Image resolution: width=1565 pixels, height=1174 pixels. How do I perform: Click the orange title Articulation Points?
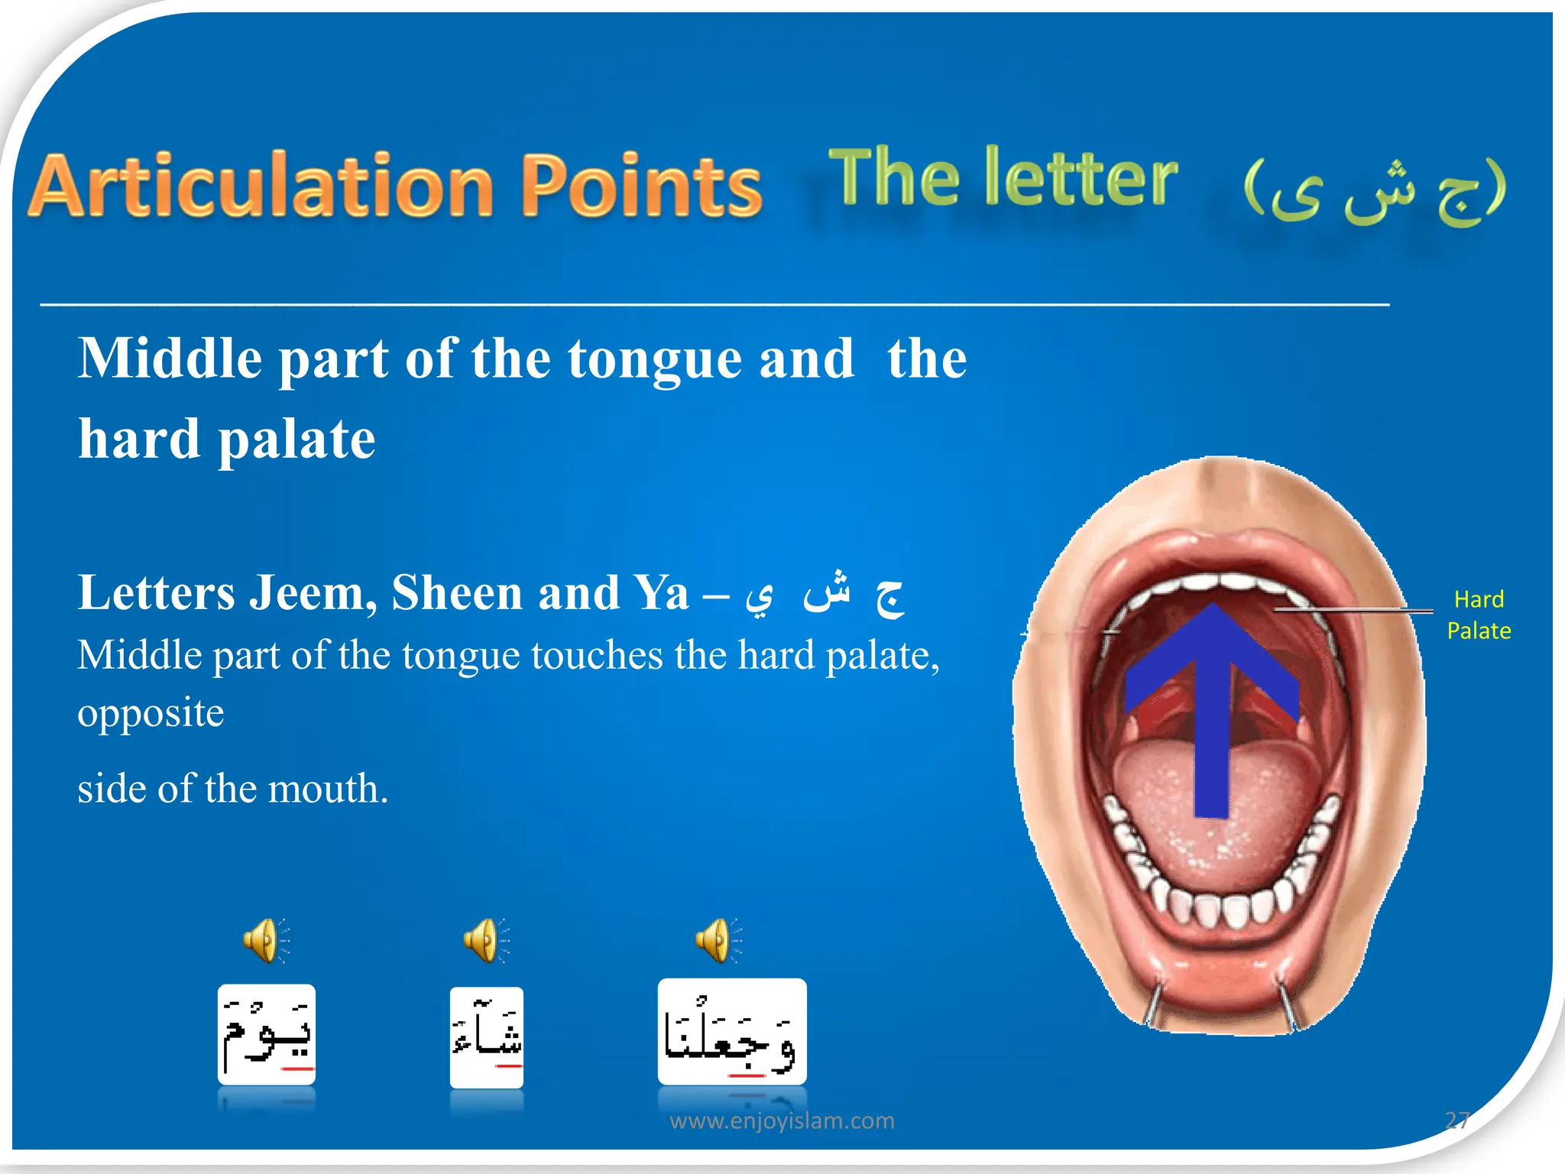395,186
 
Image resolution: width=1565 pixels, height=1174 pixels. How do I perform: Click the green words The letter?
1003,178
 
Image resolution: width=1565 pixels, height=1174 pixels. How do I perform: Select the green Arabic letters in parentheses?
1374,191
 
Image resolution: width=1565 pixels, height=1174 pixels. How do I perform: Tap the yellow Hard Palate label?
1479,615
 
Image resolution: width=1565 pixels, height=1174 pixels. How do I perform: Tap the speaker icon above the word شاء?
485,940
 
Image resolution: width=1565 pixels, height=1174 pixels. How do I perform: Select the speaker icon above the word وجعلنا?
718,940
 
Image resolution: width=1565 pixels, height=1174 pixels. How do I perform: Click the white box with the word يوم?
267,1035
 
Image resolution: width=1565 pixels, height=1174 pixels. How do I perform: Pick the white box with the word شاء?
487,1036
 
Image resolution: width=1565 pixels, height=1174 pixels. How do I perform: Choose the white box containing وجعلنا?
732,1032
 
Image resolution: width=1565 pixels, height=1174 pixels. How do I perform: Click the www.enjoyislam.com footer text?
782,1120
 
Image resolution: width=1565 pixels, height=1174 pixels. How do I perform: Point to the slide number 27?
1457,1120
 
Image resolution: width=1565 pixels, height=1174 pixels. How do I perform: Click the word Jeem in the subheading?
313,593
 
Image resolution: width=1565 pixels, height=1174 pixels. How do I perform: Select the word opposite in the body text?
151,713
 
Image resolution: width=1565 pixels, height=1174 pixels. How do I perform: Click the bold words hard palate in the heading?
227,439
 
